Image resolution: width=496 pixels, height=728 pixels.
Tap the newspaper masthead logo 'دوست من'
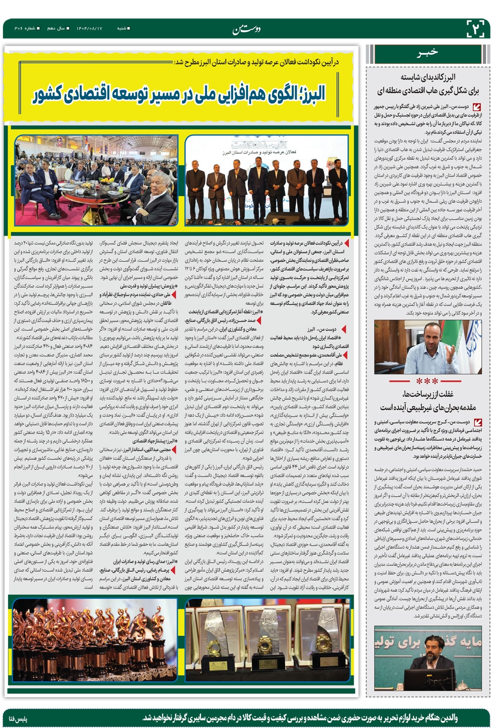point(247,30)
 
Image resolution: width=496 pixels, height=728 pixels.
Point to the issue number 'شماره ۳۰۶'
point(22,29)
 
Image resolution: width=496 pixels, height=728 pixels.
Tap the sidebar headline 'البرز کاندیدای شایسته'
point(428,77)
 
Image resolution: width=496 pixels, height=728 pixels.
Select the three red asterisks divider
point(427,381)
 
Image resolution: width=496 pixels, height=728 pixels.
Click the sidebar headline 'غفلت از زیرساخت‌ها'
point(428,394)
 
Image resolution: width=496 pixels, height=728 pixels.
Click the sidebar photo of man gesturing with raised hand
point(427,347)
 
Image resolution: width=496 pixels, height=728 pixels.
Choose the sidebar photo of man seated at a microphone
point(428,657)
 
